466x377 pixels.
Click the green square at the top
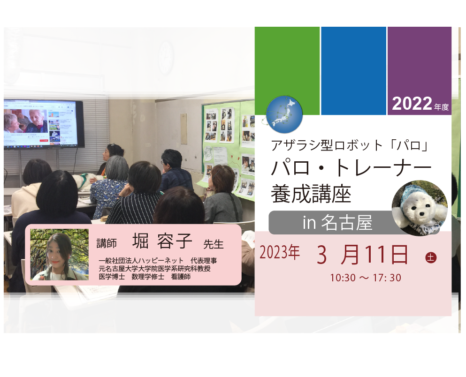point(287,71)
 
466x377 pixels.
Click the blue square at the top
point(353,71)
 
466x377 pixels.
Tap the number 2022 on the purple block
point(412,104)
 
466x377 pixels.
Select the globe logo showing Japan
point(284,114)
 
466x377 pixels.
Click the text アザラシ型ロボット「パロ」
point(349,145)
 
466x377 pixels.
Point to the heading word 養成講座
point(311,194)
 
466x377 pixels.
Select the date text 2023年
point(279,253)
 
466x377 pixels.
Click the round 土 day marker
point(431,257)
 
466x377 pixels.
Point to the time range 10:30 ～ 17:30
point(366,278)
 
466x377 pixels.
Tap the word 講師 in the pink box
point(107,243)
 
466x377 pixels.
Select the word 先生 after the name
point(214,244)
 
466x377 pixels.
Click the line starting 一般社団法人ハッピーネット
point(158,261)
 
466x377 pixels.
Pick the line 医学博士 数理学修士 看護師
point(145,277)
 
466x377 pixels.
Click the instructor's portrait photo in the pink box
point(60,255)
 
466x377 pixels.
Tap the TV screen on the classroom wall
point(43,124)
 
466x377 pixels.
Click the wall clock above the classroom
point(166,58)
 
